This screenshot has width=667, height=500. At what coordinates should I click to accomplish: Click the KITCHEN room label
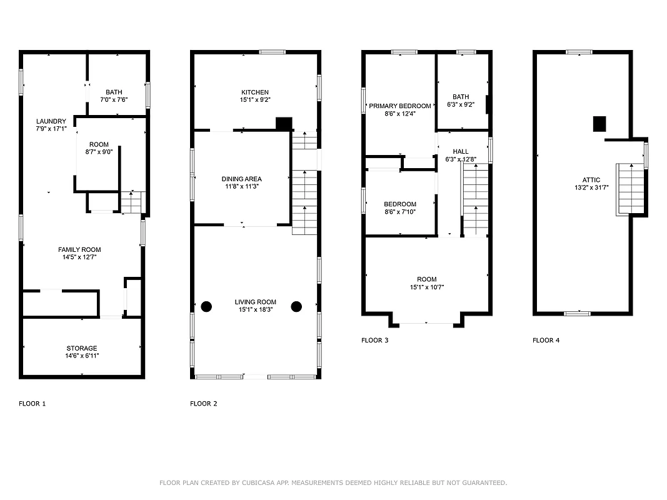254,92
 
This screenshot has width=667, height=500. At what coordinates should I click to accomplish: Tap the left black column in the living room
206,306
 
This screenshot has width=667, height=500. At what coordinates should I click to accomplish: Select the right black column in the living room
296,306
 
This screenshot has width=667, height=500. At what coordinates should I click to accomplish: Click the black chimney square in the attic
599,124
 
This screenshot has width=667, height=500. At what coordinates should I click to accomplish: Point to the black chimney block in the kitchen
284,124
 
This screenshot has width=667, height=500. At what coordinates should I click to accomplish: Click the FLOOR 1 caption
33,404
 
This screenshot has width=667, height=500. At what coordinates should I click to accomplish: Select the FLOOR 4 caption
546,341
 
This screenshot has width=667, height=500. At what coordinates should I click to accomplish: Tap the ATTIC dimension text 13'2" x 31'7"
591,187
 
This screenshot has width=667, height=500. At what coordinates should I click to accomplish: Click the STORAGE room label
82,348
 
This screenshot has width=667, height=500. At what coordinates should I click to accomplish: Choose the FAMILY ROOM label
79,250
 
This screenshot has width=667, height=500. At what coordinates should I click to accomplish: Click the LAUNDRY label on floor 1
51,121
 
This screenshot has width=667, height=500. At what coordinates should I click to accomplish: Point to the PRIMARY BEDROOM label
399,106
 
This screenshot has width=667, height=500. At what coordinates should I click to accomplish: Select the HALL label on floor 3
461,152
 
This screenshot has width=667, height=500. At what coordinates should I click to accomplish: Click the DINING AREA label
241,179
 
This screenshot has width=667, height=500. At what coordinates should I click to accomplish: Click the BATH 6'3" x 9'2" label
461,97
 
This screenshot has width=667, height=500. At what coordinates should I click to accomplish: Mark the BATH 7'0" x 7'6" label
114,92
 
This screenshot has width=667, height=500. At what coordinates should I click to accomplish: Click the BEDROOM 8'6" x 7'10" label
400,204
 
